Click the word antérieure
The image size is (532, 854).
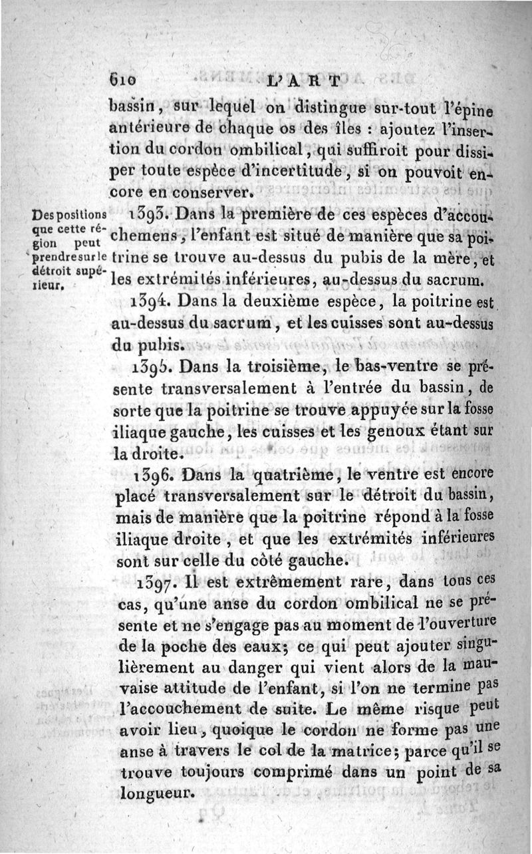click(x=140, y=126)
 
